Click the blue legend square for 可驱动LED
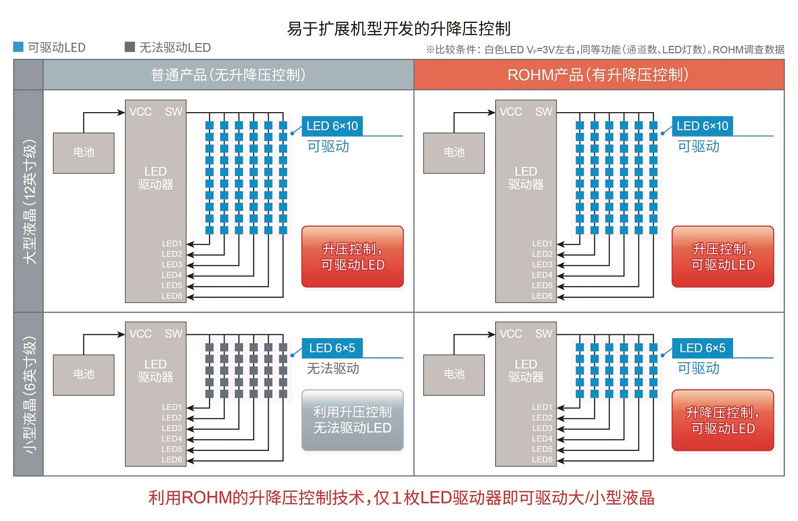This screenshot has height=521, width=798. (18, 47)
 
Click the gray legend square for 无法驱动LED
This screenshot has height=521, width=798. (129, 47)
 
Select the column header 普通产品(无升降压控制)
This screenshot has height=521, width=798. (228, 75)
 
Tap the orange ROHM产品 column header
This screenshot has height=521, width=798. (598, 75)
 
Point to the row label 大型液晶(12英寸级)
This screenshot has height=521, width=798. (29, 201)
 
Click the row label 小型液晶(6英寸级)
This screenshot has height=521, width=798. (29, 394)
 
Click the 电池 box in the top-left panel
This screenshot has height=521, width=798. (84, 153)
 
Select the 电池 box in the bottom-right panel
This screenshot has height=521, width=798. (454, 374)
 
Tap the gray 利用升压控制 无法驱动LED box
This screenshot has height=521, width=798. (352, 420)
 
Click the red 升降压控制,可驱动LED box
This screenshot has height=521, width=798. (722, 420)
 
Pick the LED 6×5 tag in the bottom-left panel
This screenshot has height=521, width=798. (332, 348)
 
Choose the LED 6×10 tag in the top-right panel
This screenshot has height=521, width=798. (702, 126)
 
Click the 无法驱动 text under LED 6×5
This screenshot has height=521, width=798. (333, 368)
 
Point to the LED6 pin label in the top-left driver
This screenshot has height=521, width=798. (172, 296)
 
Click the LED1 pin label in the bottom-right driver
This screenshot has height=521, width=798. (542, 407)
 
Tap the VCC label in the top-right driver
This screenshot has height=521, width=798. (511, 112)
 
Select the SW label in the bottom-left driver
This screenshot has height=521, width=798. (173, 334)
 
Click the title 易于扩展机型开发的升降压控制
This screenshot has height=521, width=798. (399, 28)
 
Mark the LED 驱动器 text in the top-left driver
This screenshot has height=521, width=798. (155, 178)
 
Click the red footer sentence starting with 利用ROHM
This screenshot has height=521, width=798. (401, 498)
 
